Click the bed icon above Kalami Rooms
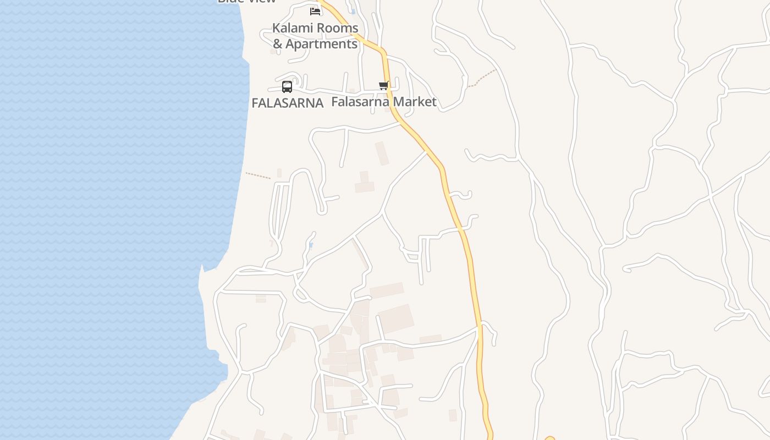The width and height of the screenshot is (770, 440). (315, 10)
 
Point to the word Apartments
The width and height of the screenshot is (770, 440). (322, 44)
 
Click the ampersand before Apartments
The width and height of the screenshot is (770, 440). (278, 44)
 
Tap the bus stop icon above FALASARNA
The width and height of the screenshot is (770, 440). (287, 86)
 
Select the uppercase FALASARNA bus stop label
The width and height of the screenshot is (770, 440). (287, 103)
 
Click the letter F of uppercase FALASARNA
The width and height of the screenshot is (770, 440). (255, 103)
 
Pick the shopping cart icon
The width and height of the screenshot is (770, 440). (384, 85)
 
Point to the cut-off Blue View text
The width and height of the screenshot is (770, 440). (247, 1)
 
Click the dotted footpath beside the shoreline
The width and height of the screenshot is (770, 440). (258, 175)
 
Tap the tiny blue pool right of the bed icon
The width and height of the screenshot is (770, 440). (353, 11)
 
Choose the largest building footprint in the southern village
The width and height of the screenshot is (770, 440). (396, 318)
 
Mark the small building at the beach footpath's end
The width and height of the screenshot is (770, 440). (279, 173)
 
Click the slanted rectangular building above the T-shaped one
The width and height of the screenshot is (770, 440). (382, 153)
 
